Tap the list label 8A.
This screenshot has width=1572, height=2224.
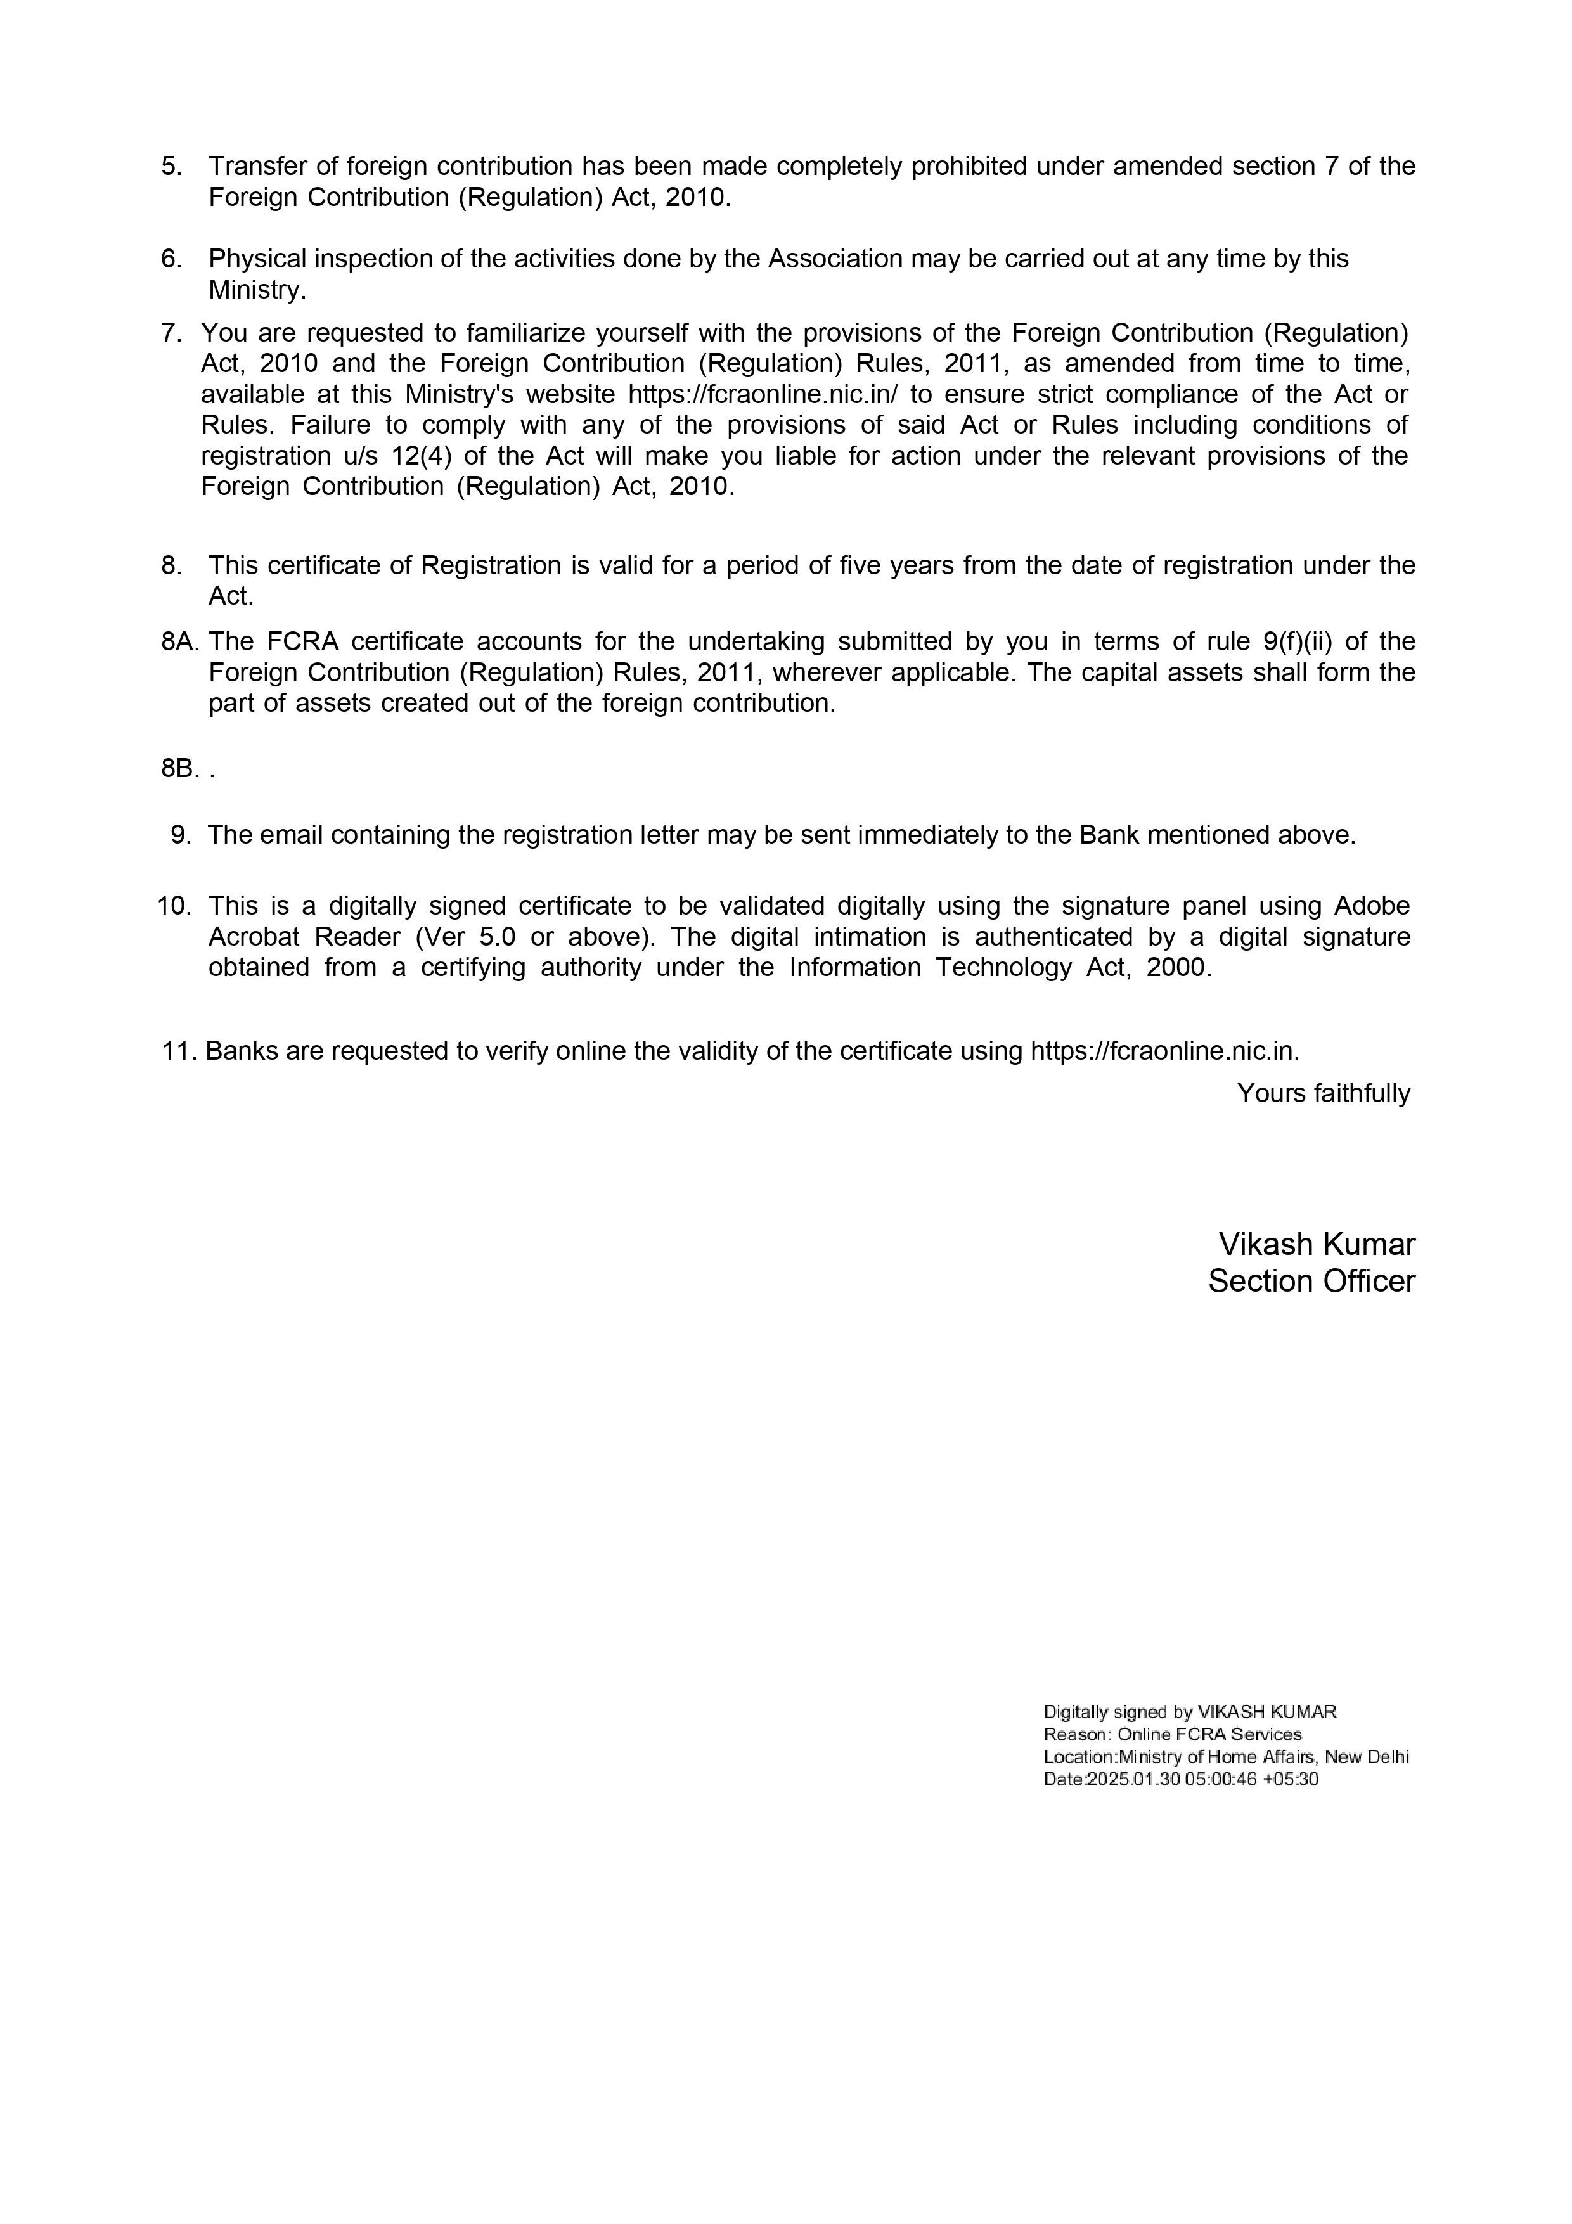180,641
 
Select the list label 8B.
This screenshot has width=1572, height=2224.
180,768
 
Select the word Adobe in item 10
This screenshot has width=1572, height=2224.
1372,906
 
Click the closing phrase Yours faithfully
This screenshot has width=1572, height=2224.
1323,1093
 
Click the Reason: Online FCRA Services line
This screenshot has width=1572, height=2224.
1172,1735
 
